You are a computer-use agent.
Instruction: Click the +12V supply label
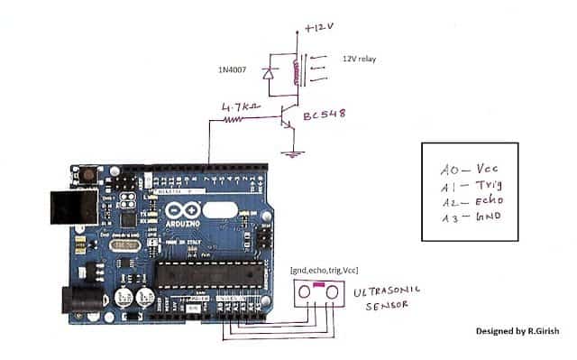pos(319,28)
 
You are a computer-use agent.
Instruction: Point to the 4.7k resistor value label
pos(240,106)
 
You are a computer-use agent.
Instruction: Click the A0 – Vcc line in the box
pos(470,169)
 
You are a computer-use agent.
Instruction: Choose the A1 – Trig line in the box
pos(470,184)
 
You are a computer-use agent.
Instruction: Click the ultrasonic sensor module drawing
pos(320,291)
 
